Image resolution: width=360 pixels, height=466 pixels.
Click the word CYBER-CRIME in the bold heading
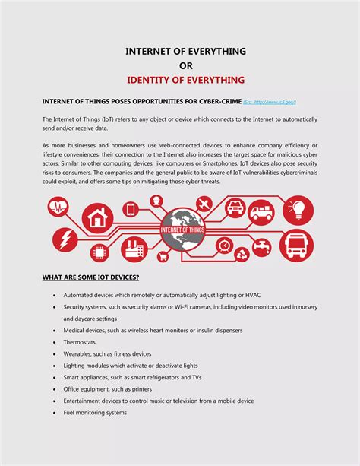(x=217, y=101)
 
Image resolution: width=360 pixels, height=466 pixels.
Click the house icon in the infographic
(x=96, y=219)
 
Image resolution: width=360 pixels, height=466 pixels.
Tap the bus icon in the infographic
(x=296, y=245)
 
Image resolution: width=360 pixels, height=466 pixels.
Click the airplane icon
(x=204, y=204)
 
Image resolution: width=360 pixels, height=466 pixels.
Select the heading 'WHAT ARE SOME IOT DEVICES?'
(x=95, y=277)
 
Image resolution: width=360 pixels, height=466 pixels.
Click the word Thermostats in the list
(x=81, y=342)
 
